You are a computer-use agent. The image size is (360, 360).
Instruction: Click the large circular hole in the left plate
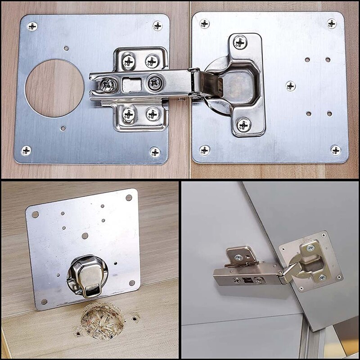click(x=54, y=88)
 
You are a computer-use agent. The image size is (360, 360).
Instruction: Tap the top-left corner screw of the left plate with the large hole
click(x=32, y=26)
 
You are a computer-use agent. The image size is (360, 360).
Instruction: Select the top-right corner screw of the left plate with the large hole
click(x=157, y=25)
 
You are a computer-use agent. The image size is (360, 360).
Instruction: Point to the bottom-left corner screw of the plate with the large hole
click(x=26, y=150)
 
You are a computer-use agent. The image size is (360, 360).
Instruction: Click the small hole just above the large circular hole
click(x=66, y=48)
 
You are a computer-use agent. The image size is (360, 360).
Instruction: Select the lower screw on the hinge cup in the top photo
click(x=243, y=124)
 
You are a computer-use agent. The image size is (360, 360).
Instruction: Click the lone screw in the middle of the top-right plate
click(x=290, y=85)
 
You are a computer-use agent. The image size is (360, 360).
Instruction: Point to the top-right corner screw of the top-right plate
click(x=332, y=23)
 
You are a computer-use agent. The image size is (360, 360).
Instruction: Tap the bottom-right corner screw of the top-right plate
click(x=335, y=150)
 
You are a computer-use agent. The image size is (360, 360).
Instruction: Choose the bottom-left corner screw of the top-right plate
click(x=205, y=150)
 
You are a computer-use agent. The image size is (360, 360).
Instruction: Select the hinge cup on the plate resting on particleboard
click(x=87, y=275)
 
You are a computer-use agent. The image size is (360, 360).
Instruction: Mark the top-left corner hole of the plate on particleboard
click(x=35, y=214)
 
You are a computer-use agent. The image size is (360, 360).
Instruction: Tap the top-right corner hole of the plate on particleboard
click(x=129, y=197)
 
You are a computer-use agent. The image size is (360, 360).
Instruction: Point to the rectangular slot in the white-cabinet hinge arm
click(x=247, y=279)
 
